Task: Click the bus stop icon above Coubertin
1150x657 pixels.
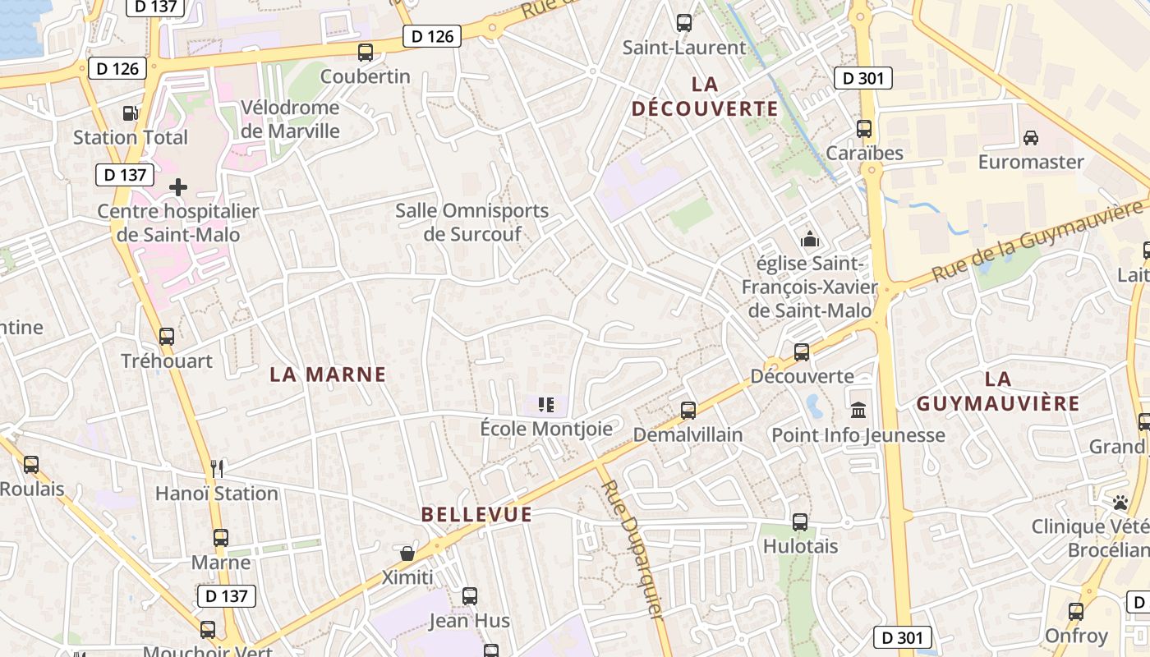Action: click(366, 53)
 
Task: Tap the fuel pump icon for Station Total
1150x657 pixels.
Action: click(130, 113)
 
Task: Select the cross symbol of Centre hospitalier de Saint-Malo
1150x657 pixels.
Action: click(177, 187)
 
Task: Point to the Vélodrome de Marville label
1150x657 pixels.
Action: click(290, 119)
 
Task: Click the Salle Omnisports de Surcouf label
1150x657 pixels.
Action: click(471, 222)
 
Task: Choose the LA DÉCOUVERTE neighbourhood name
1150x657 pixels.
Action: click(705, 96)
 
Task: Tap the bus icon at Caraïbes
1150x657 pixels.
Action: click(864, 129)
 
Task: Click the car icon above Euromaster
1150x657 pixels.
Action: click(1031, 137)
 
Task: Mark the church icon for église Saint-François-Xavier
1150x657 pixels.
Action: click(810, 240)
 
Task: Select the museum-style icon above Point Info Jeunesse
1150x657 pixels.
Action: click(858, 410)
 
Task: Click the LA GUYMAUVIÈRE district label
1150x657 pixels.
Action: click(997, 391)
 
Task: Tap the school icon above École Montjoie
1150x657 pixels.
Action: click(546, 404)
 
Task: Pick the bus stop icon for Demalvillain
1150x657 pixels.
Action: click(688, 410)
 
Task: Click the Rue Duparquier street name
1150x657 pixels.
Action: click(632, 550)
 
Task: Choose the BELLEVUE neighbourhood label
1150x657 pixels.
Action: click(476, 515)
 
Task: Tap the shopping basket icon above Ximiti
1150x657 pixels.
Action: click(407, 553)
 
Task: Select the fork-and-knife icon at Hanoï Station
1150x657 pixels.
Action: click(217, 468)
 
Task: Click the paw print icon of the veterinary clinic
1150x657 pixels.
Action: click(1120, 501)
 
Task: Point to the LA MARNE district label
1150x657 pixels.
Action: click(328, 374)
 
